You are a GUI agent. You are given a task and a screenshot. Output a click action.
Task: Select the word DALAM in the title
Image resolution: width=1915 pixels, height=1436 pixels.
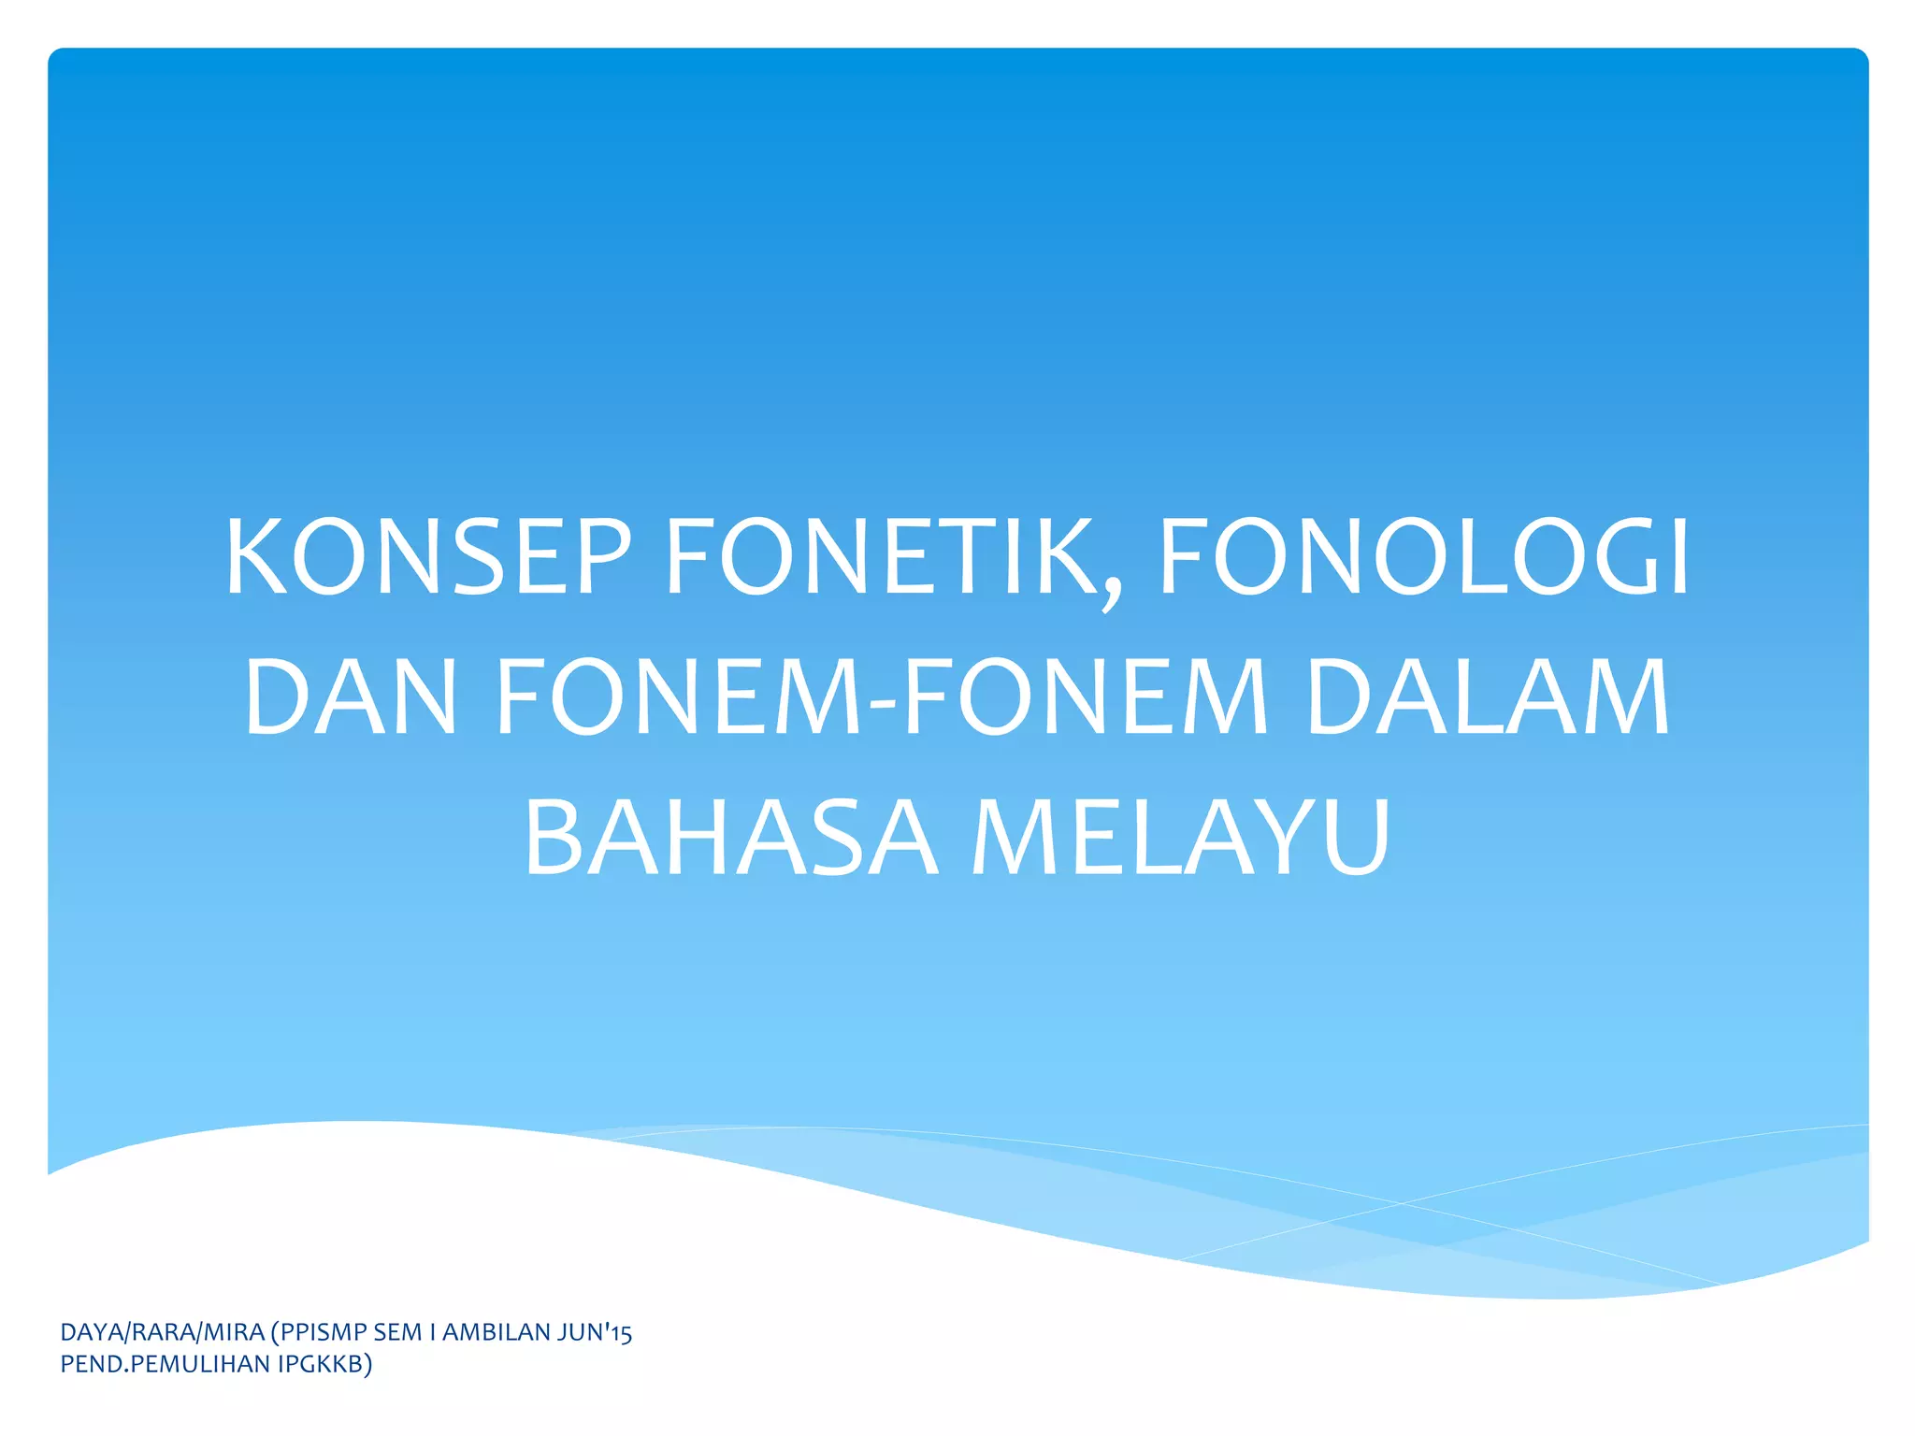click(1487, 696)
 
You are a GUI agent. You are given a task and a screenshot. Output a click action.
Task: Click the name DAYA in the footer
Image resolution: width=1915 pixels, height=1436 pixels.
click(91, 1332)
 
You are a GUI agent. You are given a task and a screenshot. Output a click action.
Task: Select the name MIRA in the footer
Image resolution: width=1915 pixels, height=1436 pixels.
click(234, 1332)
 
